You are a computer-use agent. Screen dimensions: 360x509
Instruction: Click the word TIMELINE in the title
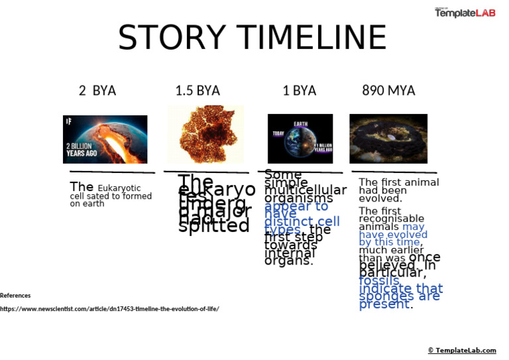click(x=309, y=38)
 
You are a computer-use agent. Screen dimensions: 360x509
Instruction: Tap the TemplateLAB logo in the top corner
click(x=465, y=13)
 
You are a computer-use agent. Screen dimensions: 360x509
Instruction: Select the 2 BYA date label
click(x=97, y=90)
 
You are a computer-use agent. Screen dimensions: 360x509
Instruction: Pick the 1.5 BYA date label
click(x=198, y=90)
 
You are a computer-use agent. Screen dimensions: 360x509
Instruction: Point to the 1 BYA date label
click(x=299, y=90)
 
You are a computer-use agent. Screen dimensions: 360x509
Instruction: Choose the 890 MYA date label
click(x=388, y=90)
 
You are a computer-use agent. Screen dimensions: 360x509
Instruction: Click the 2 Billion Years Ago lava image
click(x=105, y=139)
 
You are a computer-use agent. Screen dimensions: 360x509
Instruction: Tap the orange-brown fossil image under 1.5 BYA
click(x=205, y=135)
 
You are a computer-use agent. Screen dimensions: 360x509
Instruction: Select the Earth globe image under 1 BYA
click(x=300, y=138)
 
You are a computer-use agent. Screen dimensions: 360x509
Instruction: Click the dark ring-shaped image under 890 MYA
click(x=388, y=138)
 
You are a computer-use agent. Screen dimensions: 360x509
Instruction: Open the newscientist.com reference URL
click(x=109, y=309)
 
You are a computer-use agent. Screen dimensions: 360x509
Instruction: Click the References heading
click(x=15, y=296)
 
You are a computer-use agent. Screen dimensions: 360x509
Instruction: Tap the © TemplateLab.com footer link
click(x=461, y=350)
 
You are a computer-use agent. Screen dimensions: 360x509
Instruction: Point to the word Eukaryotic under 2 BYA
click(x=119, y=188)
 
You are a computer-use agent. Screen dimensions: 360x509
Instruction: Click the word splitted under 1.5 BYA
click(x=213, y=225)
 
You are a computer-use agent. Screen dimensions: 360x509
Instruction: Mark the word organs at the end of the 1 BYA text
click(x=288, y=261)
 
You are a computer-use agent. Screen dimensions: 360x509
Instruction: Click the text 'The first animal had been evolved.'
click(x=398, y=190)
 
